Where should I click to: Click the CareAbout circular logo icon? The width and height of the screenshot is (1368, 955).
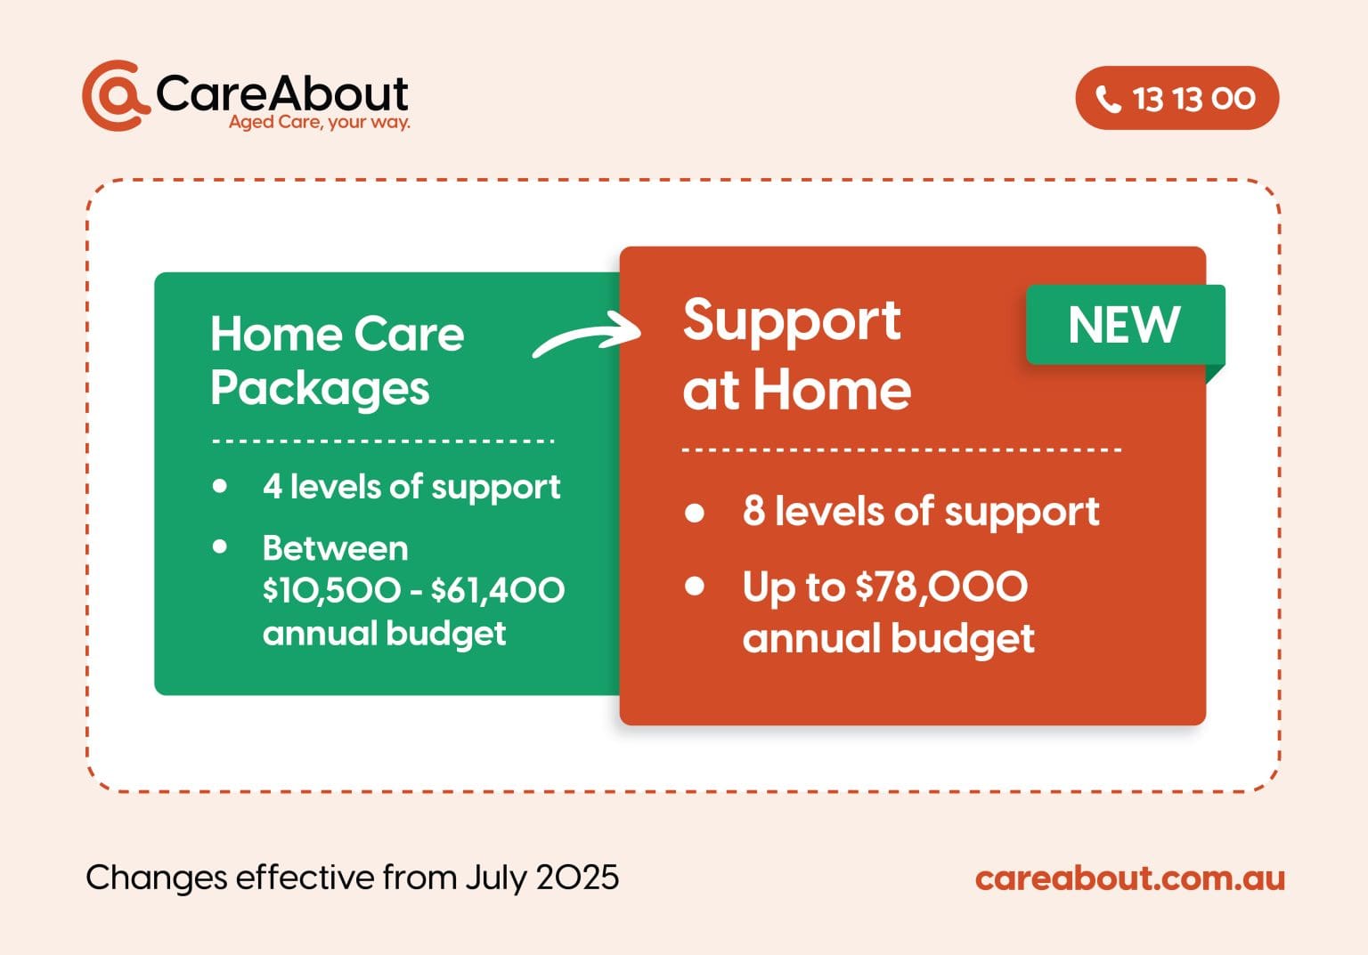click(114, 95)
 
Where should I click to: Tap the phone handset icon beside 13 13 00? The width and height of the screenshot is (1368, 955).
click(1108, 99)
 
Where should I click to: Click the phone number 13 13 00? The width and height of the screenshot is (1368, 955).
click(1193, 99)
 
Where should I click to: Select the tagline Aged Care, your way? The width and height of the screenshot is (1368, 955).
click(319, 122)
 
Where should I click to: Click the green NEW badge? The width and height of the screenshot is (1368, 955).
click(1124, 325)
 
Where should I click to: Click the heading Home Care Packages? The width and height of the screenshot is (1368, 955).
click(337, 360)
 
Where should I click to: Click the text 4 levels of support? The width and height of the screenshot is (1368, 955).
click(411, 487)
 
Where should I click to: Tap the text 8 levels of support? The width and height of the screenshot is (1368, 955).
click(920, 512)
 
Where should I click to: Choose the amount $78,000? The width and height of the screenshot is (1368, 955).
click(940, 587)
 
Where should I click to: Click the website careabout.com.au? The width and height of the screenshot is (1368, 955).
click(1129, 878)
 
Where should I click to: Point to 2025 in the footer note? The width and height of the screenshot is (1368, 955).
click(577, 878)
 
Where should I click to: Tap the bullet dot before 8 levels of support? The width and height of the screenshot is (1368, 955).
click(695, 513)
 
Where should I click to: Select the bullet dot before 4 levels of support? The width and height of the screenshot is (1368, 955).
click(220, 486)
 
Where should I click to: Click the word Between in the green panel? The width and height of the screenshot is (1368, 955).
click(335, 548)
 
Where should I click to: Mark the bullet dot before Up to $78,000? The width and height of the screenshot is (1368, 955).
click(695, 586)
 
